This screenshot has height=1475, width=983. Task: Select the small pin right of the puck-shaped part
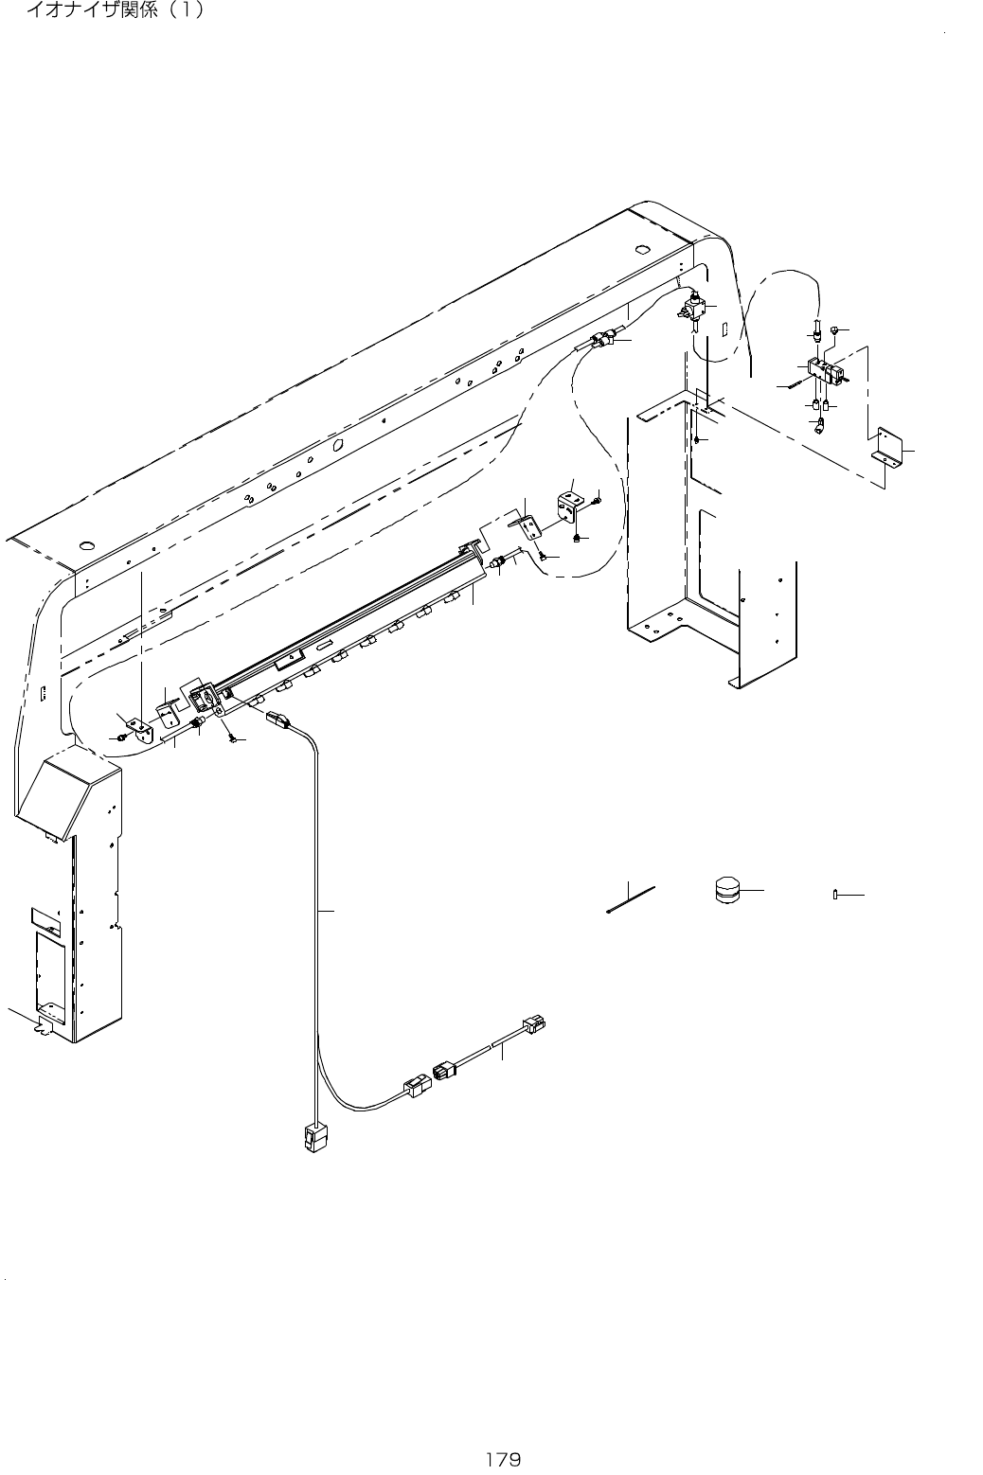click(x=835, y=894)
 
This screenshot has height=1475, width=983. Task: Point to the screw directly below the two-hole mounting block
click(x=576, y=539)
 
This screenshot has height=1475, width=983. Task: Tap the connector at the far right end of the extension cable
click(x=535, y=1023)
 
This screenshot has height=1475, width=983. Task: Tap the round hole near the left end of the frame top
click(x=87, y=546)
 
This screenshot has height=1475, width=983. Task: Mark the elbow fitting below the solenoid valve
click(x=819, y=425)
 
